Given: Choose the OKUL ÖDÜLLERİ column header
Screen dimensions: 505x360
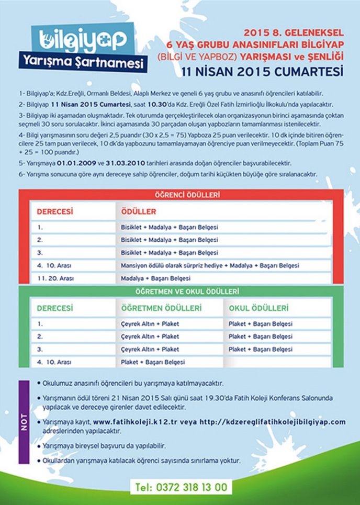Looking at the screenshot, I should click(258, 308).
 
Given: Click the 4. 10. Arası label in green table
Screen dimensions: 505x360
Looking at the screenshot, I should click(54, 362).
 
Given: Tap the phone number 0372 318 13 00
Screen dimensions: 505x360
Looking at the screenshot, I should click(181, 486).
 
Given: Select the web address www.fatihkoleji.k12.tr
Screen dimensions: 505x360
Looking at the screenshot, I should click(137, 421).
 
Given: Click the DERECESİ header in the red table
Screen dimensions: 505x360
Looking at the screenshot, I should click(54, 212).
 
